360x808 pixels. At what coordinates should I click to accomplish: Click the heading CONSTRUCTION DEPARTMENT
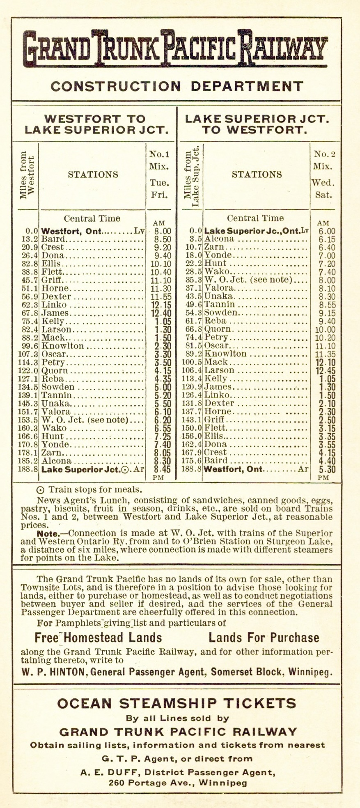click(177, 86)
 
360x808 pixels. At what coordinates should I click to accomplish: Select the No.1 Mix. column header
click(159, 161)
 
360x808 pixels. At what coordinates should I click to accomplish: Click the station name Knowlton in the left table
click(63, 346)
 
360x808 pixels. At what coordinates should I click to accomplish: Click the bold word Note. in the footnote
click(48, 533)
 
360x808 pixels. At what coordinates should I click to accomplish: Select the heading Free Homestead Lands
click(98, 638)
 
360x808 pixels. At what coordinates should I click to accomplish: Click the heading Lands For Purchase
click(264, 638)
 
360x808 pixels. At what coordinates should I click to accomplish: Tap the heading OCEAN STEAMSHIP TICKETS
click(177, 703)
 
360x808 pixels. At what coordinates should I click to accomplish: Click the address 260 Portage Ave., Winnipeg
click(178, 782)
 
